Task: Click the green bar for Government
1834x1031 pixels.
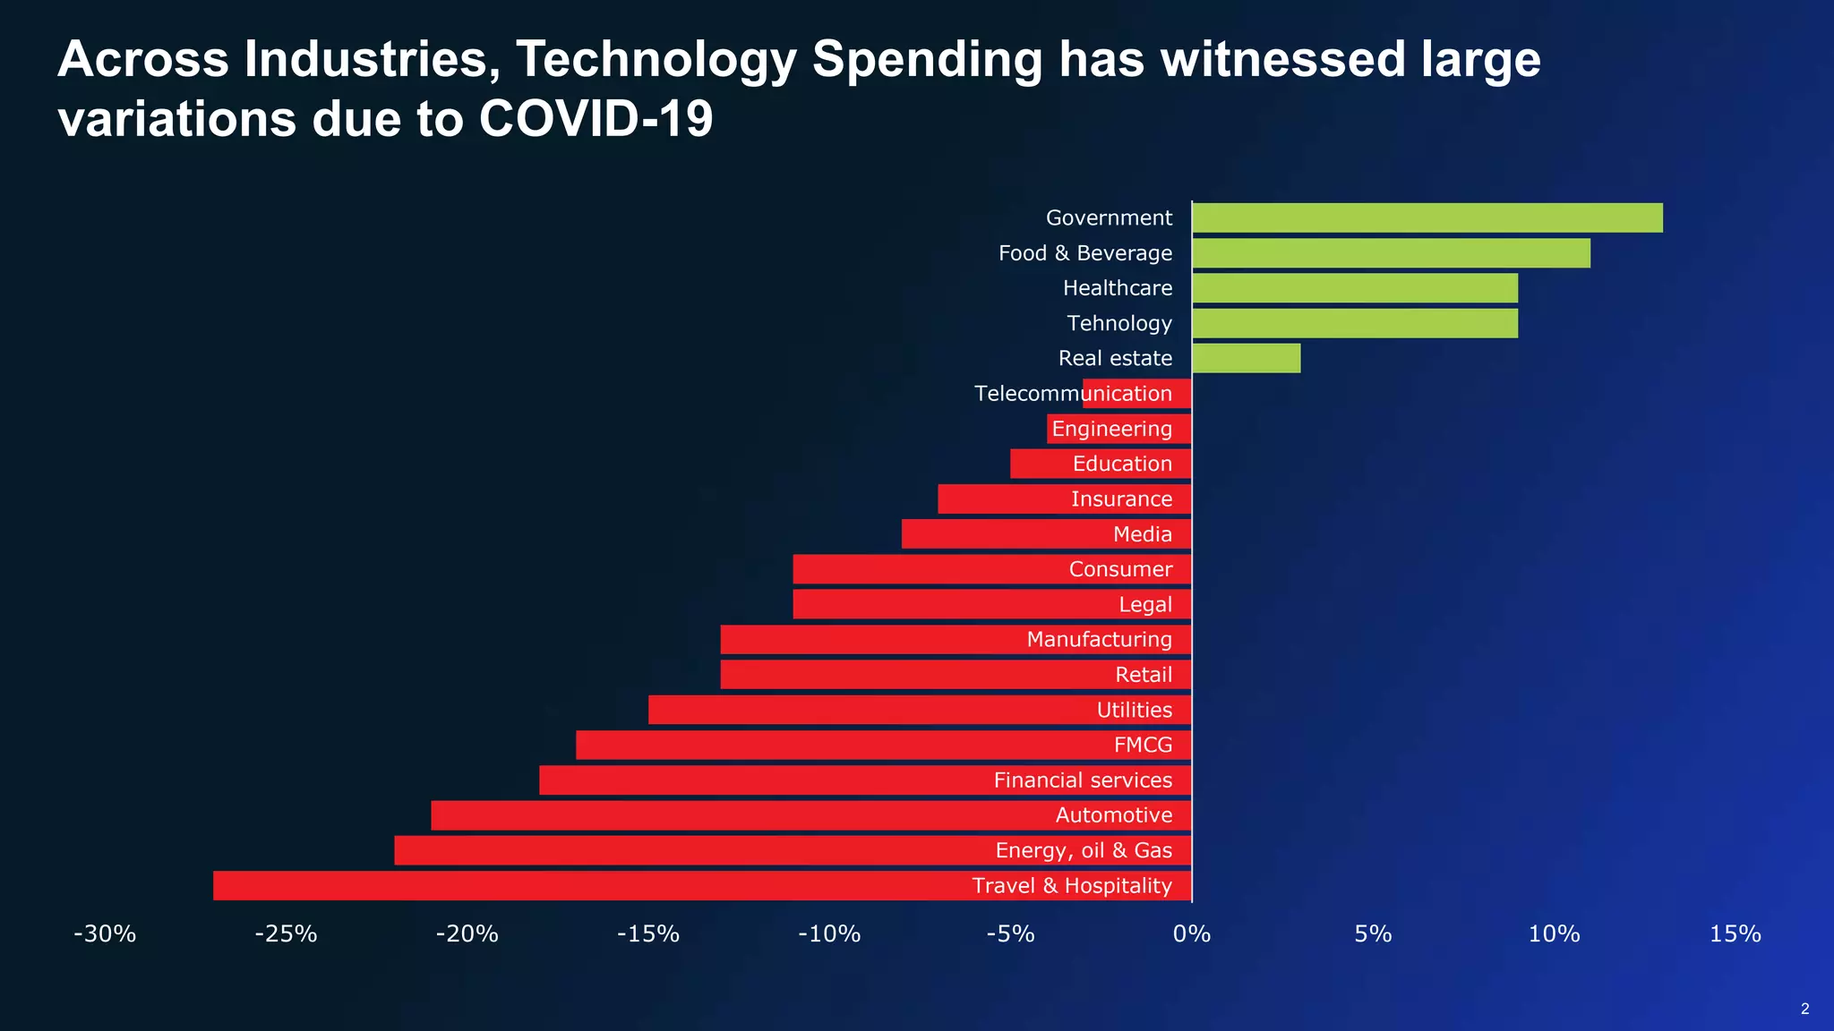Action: coord(1427,217)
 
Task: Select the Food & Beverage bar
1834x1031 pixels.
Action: coord(1391,253)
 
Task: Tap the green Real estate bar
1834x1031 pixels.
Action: coord(1247,358)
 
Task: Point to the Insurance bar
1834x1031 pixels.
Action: coord(1003,499)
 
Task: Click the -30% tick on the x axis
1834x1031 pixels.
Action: coord(105,934)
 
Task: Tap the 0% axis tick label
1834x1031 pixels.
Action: coord(1192,934)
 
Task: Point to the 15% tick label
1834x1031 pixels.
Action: coord(1735,934)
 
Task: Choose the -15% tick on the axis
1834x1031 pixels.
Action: coord(648,934)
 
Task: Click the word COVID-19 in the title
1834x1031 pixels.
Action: coord(596,118)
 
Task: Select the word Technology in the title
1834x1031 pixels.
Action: coord(656,59)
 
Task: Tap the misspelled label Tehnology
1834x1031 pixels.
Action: coord(1119,323)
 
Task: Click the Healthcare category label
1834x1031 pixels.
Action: coord(1118,288)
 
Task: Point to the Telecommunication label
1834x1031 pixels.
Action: coord(1073,394)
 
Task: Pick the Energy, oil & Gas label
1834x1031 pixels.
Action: coord(1084,850)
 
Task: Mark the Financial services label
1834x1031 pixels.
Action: coord(1083,780)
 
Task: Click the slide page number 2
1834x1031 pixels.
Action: coord(1804,1009)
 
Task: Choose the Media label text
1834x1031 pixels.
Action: coord(1143,534)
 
